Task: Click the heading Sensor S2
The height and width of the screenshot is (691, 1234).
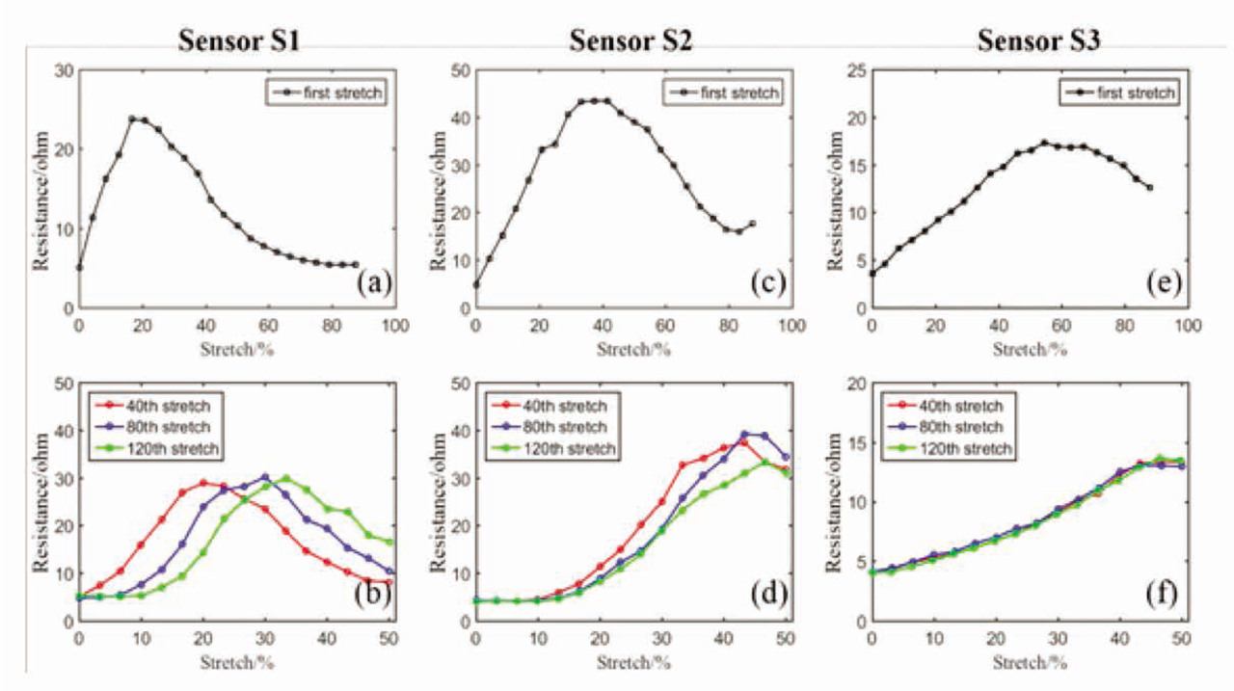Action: click(632, 40)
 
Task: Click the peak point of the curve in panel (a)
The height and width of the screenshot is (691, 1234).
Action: click(132, 120)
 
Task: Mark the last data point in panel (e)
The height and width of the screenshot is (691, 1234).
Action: click(1149, 188)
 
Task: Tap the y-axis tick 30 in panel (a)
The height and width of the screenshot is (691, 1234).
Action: click(62, 71)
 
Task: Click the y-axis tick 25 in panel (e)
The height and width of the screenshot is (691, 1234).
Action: click(853, 71)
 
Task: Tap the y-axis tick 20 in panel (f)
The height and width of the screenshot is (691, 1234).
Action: click(853, 385)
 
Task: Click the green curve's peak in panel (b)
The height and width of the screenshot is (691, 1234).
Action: click(285, 478)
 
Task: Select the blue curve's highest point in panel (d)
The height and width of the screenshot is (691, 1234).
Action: click(744, 435)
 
